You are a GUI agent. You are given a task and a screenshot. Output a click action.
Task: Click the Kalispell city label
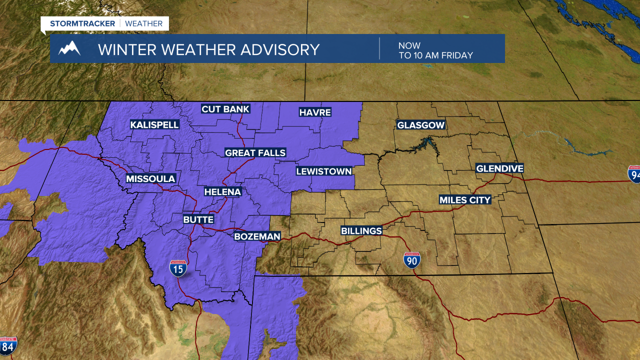click(154, 125)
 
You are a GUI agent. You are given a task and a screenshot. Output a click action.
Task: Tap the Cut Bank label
click(225, 109)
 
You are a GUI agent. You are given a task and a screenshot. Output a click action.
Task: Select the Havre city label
click(315, 112)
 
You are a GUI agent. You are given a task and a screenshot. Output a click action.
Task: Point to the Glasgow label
click(420, 125)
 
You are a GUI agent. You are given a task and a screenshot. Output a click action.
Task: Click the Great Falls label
click(255, 153)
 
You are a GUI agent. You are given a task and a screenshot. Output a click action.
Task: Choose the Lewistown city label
click(324, 171)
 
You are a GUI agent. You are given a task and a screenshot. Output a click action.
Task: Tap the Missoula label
click(150, 179)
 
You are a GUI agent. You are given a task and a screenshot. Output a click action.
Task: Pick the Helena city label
click(222, 192)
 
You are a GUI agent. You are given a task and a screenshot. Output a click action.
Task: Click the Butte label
click(198, 220)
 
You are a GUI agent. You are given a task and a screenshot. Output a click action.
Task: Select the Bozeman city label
click(257, 236)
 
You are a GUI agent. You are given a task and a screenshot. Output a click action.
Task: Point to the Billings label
click(361, 231)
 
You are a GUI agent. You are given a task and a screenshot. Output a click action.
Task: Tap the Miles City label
click(465, 200)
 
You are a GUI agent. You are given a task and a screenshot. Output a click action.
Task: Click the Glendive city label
click(499, 168)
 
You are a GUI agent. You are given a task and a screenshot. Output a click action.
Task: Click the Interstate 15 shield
click(178, 268)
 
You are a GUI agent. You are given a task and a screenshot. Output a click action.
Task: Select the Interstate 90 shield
click(412, 260)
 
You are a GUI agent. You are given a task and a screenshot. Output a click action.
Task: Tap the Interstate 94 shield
click(634, 173)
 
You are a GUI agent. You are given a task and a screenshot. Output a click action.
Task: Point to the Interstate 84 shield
click(7, 345)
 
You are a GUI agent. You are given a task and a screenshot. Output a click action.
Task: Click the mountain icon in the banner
click(69, 48)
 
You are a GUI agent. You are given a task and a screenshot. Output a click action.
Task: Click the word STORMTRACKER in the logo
click(82, 23)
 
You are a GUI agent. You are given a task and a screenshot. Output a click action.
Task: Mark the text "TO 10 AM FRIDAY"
click(435, 55)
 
